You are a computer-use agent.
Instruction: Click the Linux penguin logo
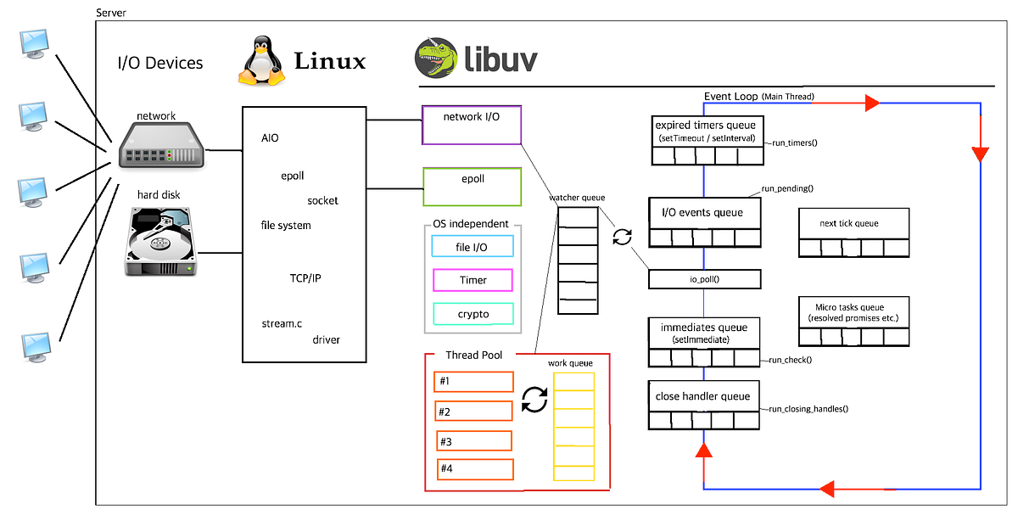point(260,60)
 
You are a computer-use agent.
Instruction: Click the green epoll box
point(472,186)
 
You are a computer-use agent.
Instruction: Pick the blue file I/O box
point(473,247)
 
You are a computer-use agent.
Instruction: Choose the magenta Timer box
point(473,280)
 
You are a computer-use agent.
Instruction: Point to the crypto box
point(473,314)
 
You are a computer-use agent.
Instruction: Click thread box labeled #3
point(474,441)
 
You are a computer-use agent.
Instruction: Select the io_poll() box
point(704,279)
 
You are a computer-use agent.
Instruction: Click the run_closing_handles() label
point(808,409)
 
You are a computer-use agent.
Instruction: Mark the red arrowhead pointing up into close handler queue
point(703,455)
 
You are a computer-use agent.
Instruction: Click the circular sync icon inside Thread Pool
point(534,399)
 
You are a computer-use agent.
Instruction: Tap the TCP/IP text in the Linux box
point(305,278)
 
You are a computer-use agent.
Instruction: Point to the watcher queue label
point(577,198)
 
